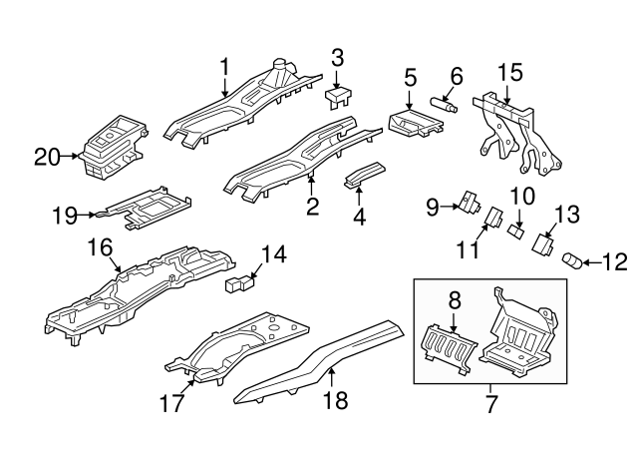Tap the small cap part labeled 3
tap(339, 95)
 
